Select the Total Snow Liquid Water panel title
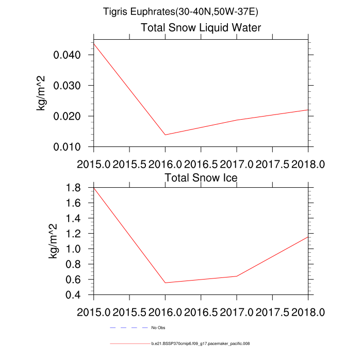[x=201, y=28]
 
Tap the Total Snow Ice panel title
[x=201, y=178]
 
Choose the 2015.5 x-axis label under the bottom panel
[x=129, y=313]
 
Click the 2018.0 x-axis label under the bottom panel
[x=308, y=313]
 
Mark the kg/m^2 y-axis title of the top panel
[x=41, y=93]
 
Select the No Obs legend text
[x=158, y=327]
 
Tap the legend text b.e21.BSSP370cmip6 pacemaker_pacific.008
[x=201, y=343]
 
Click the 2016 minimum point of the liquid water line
[x=165, y=135]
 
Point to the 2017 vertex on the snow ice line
[x=237, y=276]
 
